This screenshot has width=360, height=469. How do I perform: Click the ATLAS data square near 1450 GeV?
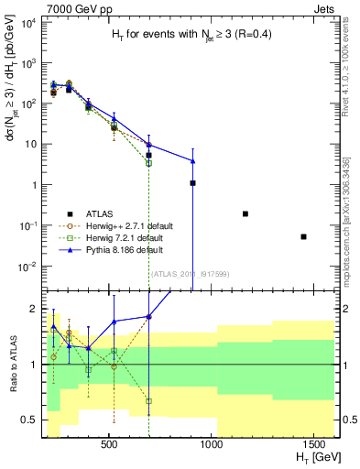(303, 236)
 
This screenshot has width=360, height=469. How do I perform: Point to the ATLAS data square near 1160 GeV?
(245, 213)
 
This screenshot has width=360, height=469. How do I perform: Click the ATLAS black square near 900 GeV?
(192, 183)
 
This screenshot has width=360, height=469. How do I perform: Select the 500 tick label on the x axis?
(109, 444)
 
